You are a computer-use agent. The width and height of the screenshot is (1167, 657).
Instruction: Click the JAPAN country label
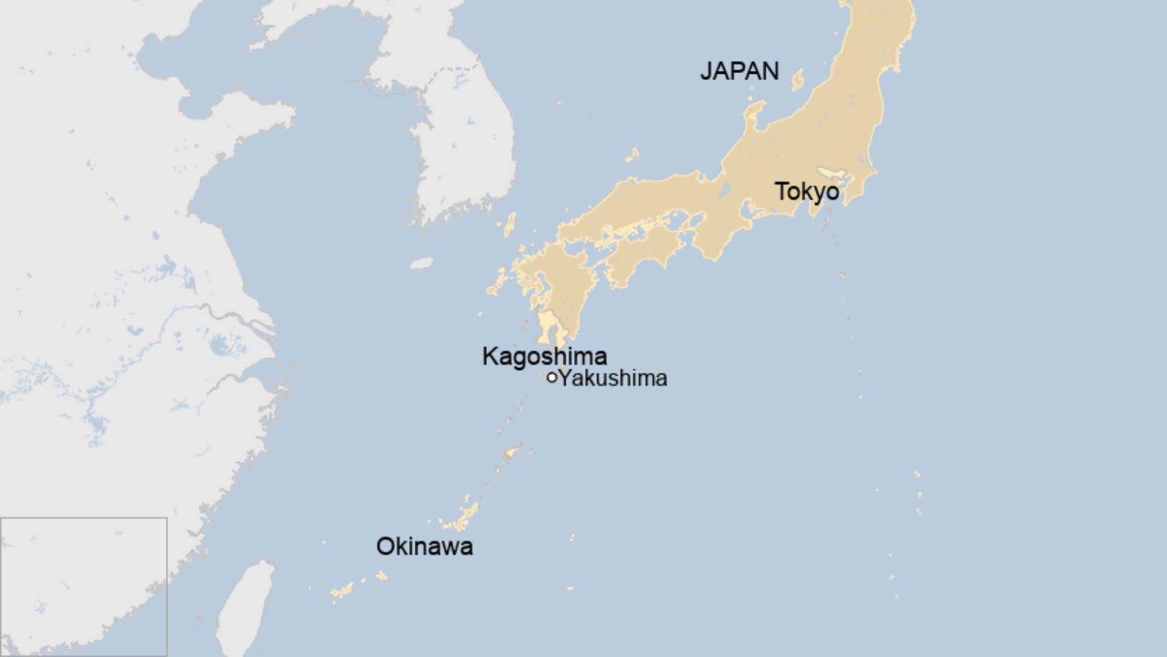[x=739, y=71]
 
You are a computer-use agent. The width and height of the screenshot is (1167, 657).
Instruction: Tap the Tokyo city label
[x=807, y=192]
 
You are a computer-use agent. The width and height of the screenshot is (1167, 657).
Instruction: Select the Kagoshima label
[x=544, y=356]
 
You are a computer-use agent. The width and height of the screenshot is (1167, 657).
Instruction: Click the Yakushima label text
[x=613, y=378]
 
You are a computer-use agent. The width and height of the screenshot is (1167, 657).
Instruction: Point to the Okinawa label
[x=424, y=546]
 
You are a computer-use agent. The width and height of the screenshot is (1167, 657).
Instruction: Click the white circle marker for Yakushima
[x=551, y=377]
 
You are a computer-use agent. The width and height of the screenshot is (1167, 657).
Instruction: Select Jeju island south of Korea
[x=422, y=263]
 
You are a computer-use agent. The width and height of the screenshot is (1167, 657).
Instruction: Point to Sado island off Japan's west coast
[x=798, y=80]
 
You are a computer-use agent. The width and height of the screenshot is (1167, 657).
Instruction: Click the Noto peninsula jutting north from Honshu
[x=754, y=118]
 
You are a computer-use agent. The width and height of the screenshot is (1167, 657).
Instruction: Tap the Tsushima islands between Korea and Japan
[x=509, y=225]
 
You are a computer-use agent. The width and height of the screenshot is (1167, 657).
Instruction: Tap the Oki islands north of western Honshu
[x=632, y=155]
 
